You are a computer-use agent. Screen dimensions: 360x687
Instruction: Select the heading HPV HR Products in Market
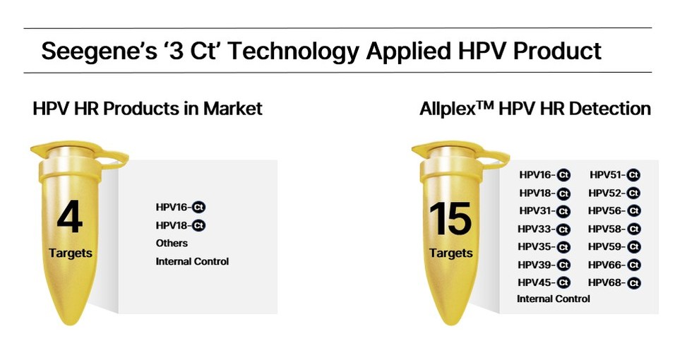coord(148,109)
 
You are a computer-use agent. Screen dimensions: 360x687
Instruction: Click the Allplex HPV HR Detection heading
coord(534,109)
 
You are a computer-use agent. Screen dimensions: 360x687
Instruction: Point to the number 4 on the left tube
coord(70,217)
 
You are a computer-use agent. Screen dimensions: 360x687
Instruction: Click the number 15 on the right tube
coord(450,219)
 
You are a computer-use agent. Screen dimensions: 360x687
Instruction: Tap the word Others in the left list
coord(172,244)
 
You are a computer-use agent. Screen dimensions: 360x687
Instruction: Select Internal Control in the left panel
coord(192,262)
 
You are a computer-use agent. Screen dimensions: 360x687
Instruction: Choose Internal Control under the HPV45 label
coord(553,299)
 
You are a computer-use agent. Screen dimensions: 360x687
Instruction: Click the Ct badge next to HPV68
coord(634,283)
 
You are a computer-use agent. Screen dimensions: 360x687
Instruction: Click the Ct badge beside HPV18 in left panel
coord(198,226)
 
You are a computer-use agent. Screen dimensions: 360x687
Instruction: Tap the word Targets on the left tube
coord(70,253)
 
